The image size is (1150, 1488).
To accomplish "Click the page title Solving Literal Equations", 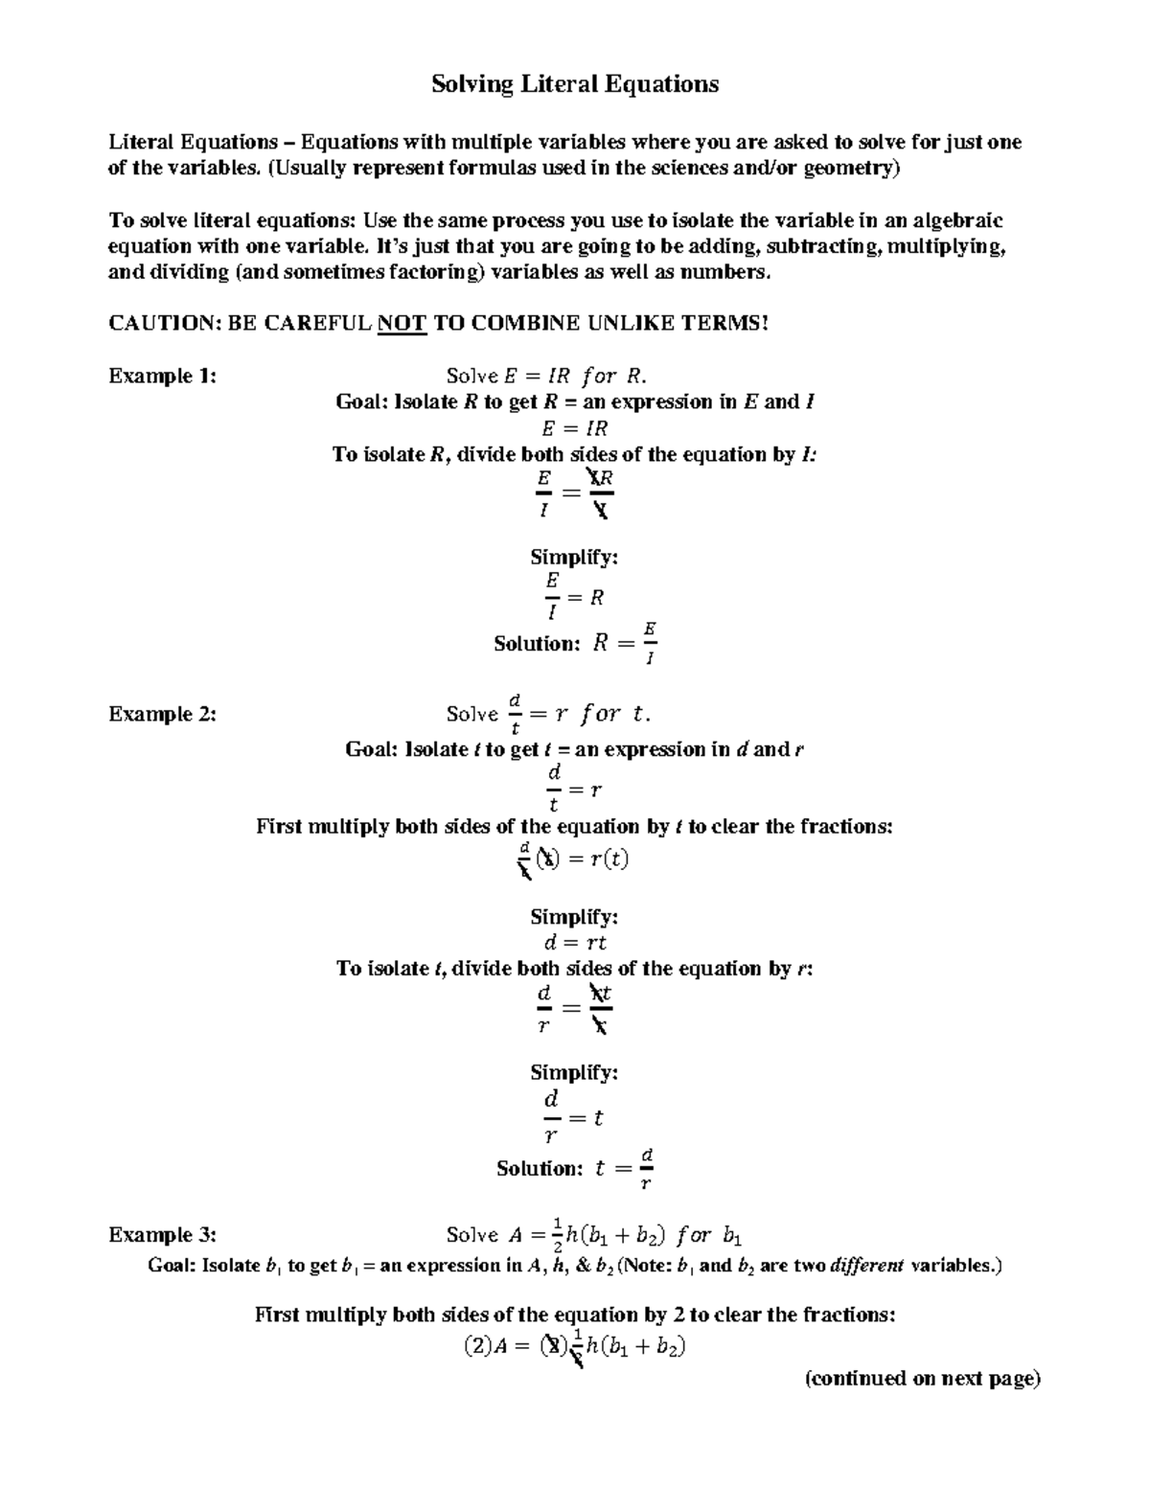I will point(574,84).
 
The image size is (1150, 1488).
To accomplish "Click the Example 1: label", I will point(163,376).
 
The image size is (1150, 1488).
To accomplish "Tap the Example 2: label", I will point(163,714).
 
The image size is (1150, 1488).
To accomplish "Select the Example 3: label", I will point(163,1234).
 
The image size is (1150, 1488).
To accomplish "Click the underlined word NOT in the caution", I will point(402,324).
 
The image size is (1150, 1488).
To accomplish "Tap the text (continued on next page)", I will point(922,1379).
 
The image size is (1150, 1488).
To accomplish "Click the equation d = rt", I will point(574,943).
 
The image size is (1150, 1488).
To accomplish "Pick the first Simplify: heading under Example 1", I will point(574,557).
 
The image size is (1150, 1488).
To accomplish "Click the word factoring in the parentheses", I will point(438,272).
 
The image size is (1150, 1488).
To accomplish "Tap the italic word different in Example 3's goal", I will point(866,1266).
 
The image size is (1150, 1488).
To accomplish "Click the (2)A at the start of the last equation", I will point(487,1346).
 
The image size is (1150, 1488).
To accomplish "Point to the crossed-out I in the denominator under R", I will point(600,511).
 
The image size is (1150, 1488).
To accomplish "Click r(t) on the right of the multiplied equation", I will point(609,859).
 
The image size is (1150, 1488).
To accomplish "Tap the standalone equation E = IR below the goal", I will point(574,428).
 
